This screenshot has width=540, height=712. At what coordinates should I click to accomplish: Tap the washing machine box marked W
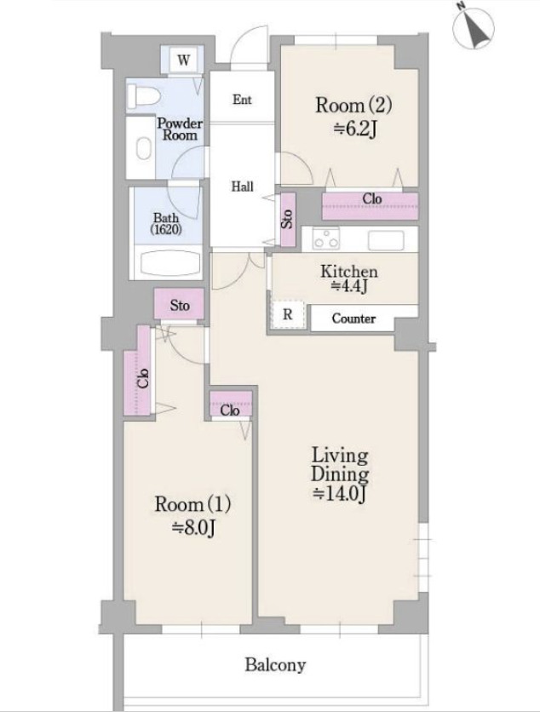(x=184, y=60)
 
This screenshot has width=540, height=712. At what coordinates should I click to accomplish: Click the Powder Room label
(x=180, y=129)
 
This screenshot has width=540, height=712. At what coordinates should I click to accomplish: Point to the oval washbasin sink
(x=144, y=148)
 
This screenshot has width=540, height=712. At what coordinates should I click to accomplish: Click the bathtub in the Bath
(x=169, y=263)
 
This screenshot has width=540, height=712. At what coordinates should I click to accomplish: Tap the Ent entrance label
(x=242, y=100)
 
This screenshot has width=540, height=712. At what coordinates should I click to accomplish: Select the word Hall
(x=242, y=187)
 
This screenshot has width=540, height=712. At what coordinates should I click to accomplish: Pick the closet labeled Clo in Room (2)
(x=371, y=206)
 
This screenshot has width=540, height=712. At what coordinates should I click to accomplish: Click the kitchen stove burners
(x=326, y=238)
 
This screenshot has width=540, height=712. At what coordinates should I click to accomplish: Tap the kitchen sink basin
(x=386, y=240)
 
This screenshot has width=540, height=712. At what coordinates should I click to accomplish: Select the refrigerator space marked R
(x=288, y=314)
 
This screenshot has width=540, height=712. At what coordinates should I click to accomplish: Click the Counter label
(x=353, y=319)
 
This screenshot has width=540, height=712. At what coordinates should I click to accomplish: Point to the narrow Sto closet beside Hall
(x=288, y=220)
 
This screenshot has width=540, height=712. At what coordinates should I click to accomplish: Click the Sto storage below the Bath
(x=180, y=304)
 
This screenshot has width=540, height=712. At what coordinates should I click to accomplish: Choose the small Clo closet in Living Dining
(x=231, y=404)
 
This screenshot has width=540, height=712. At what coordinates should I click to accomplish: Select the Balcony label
(x=275, y=665)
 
